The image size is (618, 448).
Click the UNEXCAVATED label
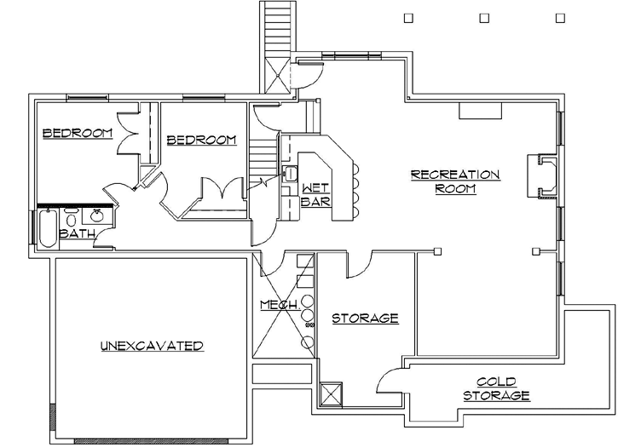(152, 346)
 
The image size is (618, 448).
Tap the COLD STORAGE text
(497, 389)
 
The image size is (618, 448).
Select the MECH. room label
(279, 305)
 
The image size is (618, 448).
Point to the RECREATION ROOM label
(455, 181)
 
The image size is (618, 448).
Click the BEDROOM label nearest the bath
(78, 133)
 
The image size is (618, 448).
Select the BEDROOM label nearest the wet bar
(201, 141)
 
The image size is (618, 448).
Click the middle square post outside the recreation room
(484, 17)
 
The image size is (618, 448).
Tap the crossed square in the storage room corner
(330, 394)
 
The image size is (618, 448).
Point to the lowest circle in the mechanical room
(307, 342)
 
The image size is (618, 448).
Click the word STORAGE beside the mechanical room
(365, 319)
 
